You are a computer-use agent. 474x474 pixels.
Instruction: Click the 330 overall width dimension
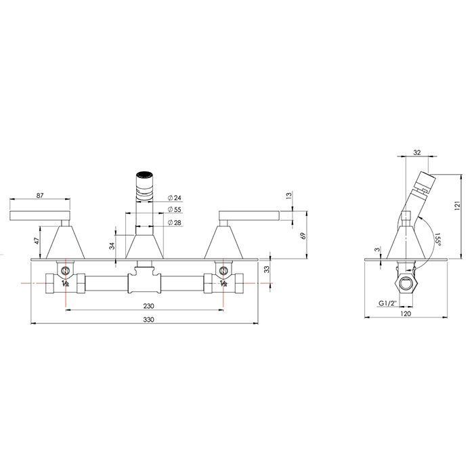(148, 320)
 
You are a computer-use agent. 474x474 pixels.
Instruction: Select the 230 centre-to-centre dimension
(148, 306)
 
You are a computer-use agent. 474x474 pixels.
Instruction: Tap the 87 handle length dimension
(40, 195)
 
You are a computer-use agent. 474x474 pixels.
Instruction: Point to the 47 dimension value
(37, 241)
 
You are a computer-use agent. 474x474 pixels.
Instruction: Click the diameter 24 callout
(174, 198)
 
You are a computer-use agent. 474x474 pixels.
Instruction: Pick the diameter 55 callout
(174, 209)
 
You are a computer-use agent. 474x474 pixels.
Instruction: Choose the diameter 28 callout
(174, 223)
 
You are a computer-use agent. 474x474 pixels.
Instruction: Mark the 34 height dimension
(112, 245)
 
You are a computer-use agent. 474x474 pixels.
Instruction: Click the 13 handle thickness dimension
(289, 195)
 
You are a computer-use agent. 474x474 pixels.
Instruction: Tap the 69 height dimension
(304, 236)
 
